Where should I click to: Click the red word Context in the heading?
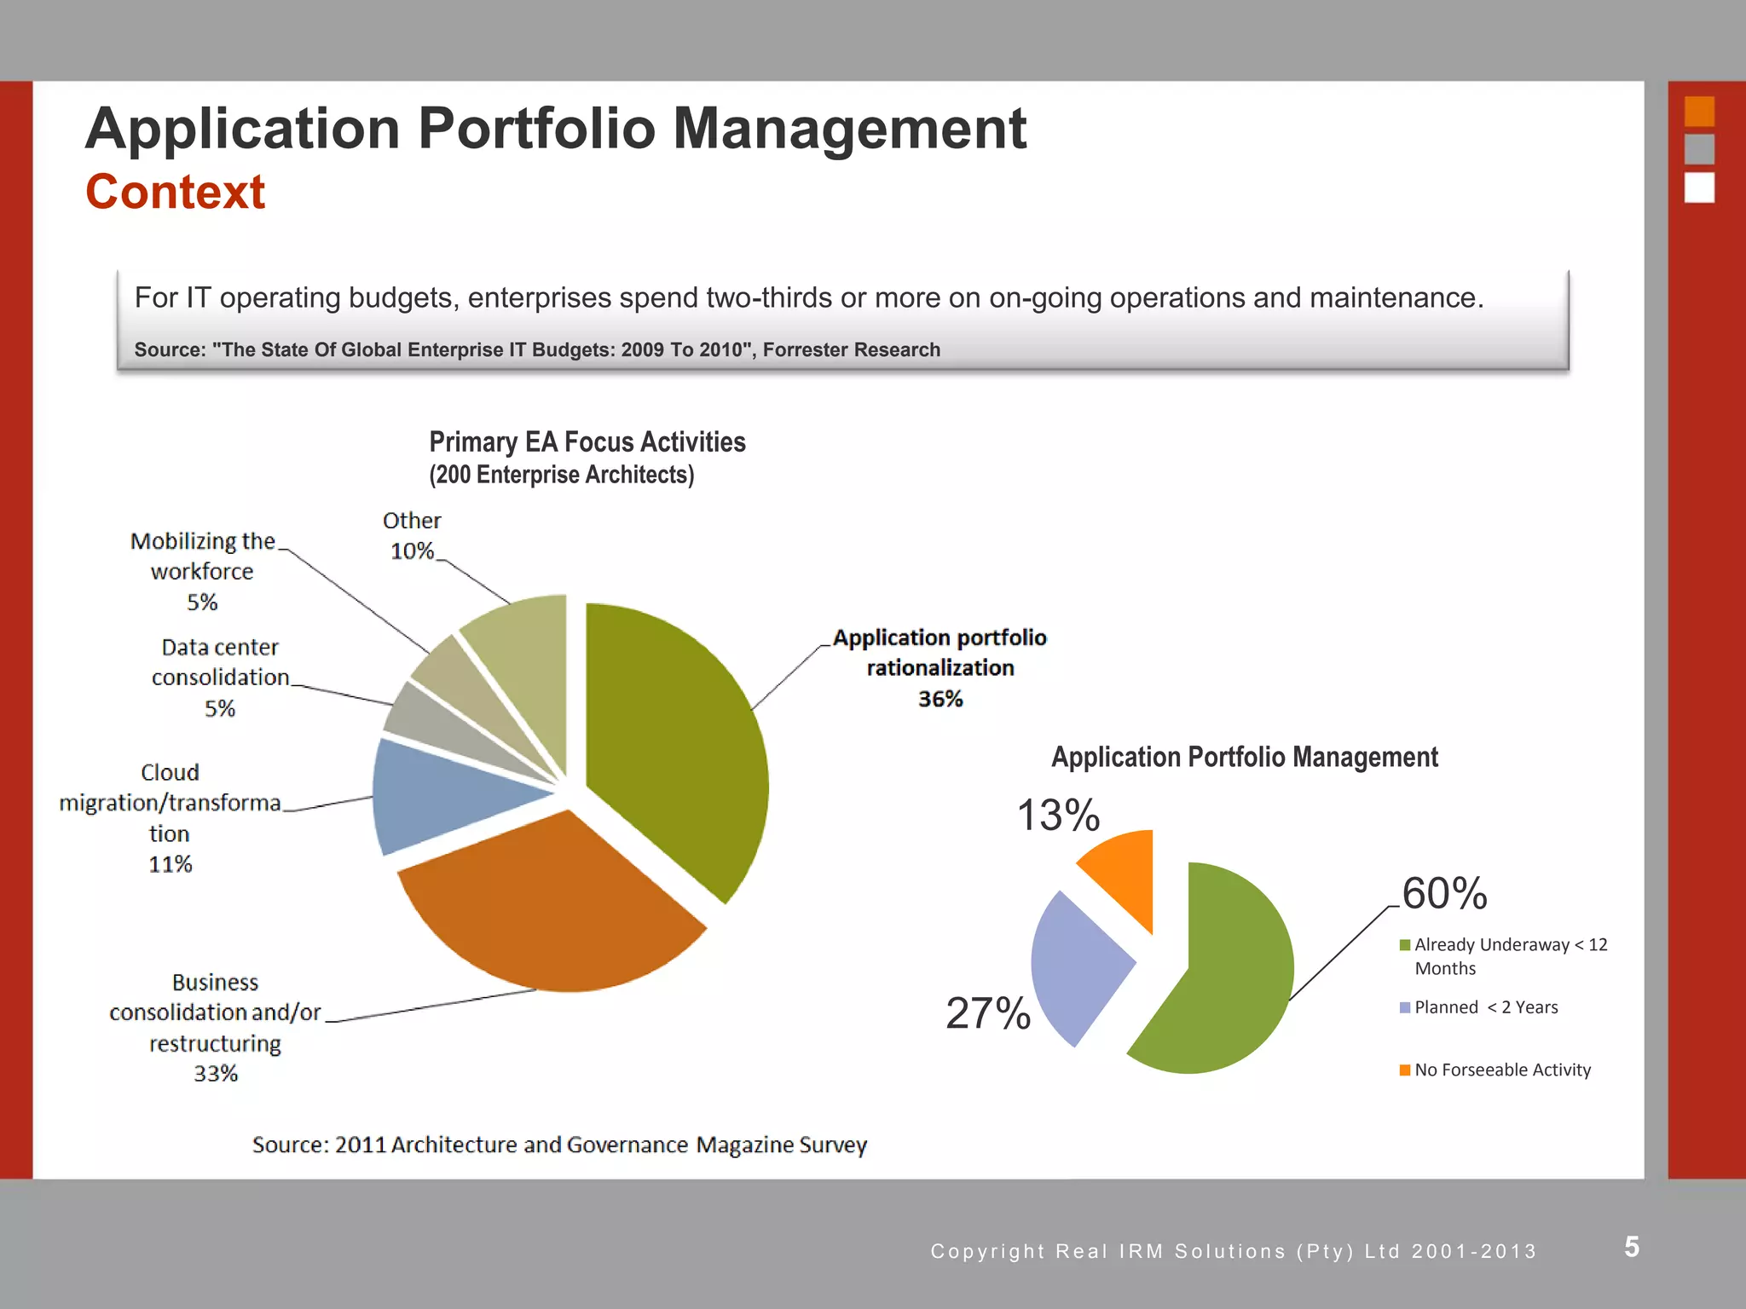click(175, 192)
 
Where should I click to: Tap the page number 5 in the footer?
click(1632, 1247)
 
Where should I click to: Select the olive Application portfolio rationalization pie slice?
click(674, 750)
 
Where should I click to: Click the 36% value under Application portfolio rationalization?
click(940, 699)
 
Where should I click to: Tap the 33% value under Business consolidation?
click(216, 1074)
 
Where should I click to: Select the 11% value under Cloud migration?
click(171, 864)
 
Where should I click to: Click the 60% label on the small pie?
click(1444, 893)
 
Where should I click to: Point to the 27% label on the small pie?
click(988, 1013)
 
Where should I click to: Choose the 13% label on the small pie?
click(1058, 815)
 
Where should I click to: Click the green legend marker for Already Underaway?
click(1405, 945)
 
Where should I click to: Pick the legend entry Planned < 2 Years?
click(1485, 1007)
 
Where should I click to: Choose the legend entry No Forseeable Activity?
click(1502, 1070)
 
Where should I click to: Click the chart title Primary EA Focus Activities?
click(587, 442)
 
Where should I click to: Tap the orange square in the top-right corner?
click(1699, 112)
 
